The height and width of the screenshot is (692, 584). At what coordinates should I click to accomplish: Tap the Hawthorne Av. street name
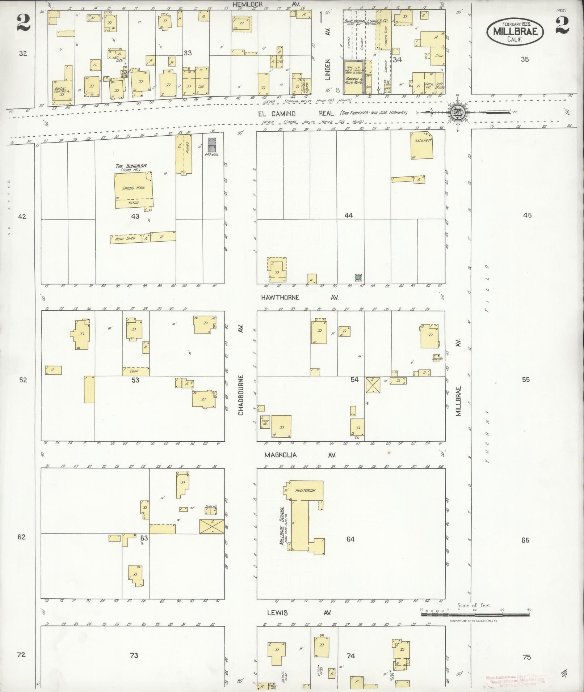click(x=299, y=297)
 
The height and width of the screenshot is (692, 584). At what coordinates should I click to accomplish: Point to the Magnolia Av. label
click(x=299, y=455)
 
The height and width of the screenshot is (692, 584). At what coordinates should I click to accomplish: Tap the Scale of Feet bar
click(x=475, y=614)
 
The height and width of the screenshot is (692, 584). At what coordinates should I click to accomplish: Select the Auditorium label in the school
click(x=305, y=491)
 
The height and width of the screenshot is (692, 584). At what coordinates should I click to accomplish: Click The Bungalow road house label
click(x=131, y=167)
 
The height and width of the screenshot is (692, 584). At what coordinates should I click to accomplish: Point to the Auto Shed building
click(x=125, y=239)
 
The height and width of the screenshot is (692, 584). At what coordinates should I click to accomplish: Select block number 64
click(x=350, y=539)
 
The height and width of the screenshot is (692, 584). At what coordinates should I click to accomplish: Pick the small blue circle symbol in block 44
click(x=358, y=277)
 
